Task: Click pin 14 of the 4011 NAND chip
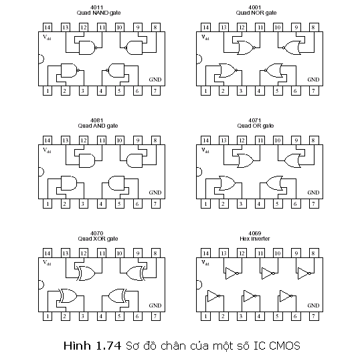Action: click(48, 27)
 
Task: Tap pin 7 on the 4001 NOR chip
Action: click(314, 91)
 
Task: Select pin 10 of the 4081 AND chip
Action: click(120, 140)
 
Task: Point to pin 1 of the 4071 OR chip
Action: click(205, 204)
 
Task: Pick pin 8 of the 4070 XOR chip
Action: click(156, 253)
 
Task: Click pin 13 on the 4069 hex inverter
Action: click(223, 253)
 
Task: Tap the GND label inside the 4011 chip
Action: click(155, 80)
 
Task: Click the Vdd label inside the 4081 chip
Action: click(47, 150)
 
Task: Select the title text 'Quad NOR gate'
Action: click(256, 13)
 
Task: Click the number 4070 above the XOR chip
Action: click(97, 233)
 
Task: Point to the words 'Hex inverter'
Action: click(255, 239)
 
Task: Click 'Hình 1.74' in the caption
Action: click(92, 346)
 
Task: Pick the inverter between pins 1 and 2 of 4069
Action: click(213, 296)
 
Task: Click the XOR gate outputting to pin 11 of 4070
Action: click(86, 273)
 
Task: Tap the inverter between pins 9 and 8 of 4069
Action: click(304, 273)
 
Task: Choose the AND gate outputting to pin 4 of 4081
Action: click(116, 183)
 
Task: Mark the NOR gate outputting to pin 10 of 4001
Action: click(292, 47)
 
